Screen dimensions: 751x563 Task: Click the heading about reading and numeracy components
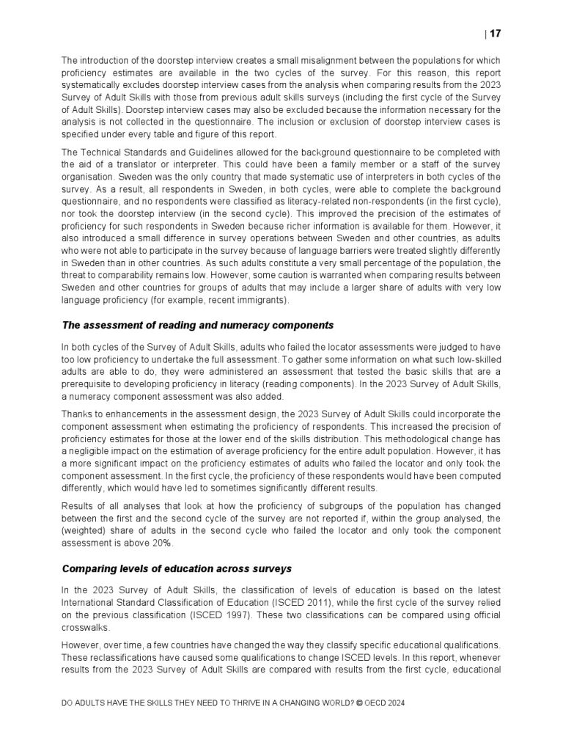click(x=197, y=325)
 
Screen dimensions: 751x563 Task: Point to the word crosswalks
click(x=86, y=629)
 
